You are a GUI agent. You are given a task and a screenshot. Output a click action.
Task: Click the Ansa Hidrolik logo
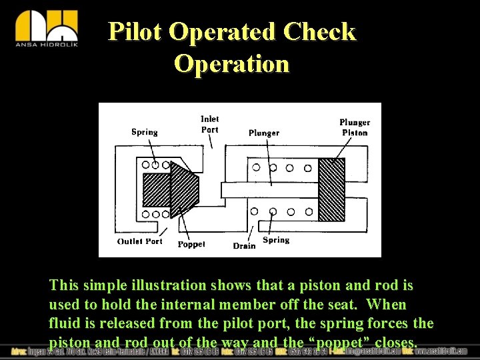point(46,29)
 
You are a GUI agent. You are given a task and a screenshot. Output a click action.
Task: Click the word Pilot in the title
point(135,31)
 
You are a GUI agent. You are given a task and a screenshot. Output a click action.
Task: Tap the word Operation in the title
point(231,63)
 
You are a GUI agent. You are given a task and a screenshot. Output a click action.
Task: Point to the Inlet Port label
point(210,124)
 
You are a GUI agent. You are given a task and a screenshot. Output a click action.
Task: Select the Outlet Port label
point(140,241)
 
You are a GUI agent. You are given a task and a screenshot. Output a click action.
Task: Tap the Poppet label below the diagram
point(191,244)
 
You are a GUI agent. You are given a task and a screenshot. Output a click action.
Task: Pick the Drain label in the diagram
point(244,245)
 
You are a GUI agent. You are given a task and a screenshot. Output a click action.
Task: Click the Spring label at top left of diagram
point(144,132)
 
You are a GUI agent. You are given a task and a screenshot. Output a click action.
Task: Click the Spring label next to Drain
point(276,240)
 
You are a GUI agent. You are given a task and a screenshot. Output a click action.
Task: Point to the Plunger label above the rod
point(264,133)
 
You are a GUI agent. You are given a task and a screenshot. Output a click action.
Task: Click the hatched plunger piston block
point(331,189)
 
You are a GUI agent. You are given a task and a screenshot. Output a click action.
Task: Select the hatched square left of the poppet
point(157,189)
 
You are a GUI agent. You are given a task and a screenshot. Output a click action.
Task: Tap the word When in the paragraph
point(387,305)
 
